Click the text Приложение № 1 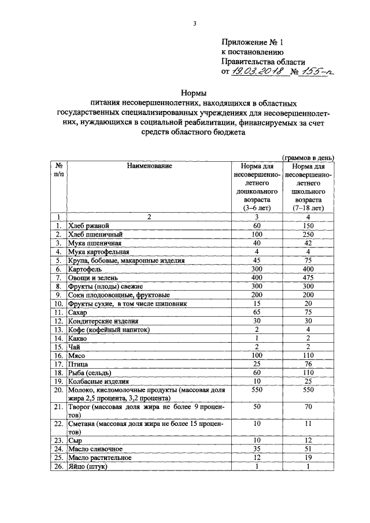click(253, 42)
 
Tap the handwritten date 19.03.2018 click(256, 71)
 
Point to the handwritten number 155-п click(317, 71)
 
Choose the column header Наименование click(149, 166)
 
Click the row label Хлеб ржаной click(88, 225)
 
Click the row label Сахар click(77, 312)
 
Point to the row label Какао click(77, 338)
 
